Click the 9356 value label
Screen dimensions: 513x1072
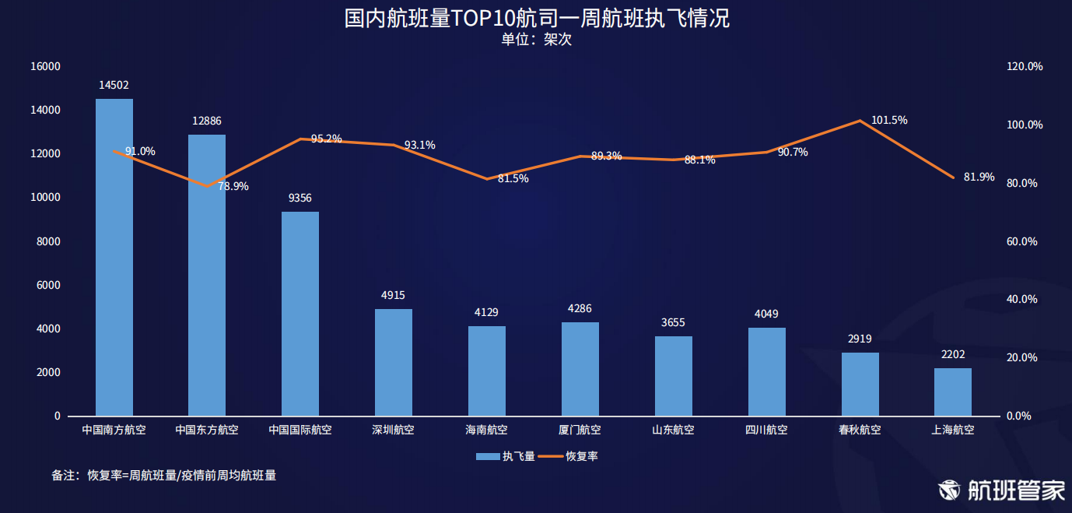tap(300, 199)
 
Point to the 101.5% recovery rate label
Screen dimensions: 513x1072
tap(889, 121)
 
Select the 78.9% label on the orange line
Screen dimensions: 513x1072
tap(233, 187)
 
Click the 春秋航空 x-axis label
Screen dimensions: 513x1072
tap(860, 430)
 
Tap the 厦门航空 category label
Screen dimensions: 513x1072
tap(580, 430)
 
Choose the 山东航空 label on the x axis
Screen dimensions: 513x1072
tap(673, 430)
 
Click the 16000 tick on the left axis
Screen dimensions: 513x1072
tap(45, 67)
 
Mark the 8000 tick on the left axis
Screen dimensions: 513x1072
tap(48, 242)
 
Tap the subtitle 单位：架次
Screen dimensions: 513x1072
tap(536, 40)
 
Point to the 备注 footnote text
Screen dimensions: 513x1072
tap(163, 475)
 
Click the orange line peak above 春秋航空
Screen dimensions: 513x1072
tap(860, 121)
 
